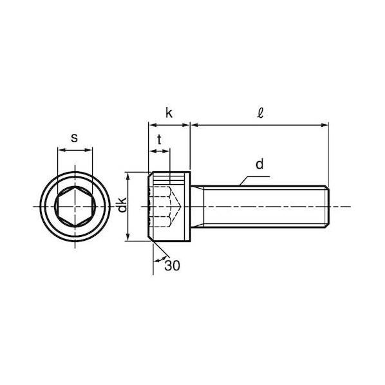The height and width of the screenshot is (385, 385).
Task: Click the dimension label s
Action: coord(74,138)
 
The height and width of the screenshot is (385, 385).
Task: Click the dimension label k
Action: coord(169,113)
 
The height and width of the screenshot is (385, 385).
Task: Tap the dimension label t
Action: coord(160,140)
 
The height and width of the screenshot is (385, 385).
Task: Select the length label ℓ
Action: coord(260,113)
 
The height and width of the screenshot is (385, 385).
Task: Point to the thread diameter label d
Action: coord(259,164)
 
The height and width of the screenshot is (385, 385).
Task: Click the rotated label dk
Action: coord(122,205)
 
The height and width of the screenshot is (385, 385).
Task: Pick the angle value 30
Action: coord(172,265)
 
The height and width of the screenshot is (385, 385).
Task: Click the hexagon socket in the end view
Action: coord(75,206)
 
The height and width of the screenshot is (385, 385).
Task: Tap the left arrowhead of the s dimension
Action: coord(61,150)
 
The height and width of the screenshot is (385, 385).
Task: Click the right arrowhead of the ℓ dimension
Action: coord(325,126)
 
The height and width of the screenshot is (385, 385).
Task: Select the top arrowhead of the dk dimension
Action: coord(127,176)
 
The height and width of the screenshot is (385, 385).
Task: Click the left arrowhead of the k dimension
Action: coord(153,126)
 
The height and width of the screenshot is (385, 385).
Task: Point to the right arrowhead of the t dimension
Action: coord(167,151)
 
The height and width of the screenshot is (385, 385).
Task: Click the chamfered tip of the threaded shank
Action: coord(328,207)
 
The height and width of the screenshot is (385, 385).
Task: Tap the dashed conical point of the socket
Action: coord(176,207)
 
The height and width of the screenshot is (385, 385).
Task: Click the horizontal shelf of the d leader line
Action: coord(258,176)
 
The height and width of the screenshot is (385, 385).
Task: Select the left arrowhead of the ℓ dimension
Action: coord(194,126)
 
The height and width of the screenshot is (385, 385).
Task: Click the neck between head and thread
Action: coord(197,207)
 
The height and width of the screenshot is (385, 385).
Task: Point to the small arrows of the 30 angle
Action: coord(160,259)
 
